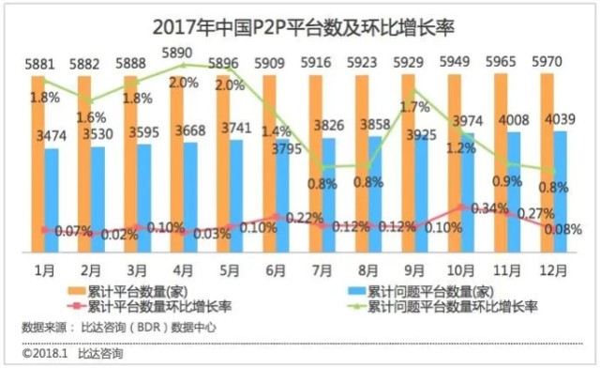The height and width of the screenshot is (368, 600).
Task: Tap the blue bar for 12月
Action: pyautogui.click(x=560, y=192)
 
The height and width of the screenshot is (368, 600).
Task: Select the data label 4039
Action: pyautogui.click(x=565, y=119)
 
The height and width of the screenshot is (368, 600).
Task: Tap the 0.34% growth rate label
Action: pyautogui.click(x=476, y=207)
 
